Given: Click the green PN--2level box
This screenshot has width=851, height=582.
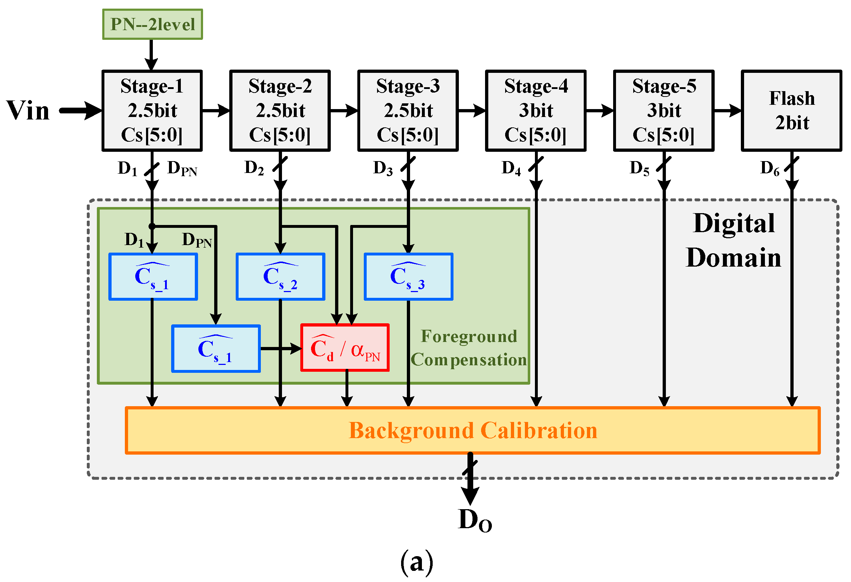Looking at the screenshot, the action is tap(152, 24).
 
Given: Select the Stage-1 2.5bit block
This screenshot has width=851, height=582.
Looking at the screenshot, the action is tap(152, 111).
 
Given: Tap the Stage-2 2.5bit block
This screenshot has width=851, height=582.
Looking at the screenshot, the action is tap(280, 111).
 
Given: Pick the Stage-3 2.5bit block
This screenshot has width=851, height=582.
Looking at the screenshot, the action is tap(408, 111).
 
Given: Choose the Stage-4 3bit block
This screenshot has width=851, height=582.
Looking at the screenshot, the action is tap(536, 111).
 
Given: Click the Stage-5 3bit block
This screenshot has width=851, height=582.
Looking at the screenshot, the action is tap(664, 111).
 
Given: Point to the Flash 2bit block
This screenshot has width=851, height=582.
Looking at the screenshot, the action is tap(792, 111).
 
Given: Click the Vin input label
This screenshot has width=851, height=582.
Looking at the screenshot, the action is tap(28, 110).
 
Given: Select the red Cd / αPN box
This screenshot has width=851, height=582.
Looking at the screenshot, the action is tap(345, 348).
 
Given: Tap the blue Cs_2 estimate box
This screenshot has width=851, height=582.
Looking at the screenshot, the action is tap(281, 277).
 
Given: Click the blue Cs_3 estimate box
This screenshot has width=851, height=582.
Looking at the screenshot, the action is tap(409, 277).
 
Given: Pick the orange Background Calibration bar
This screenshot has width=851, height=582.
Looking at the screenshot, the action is tap(473, 431).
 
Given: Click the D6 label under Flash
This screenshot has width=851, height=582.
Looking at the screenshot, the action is tap(770, 169).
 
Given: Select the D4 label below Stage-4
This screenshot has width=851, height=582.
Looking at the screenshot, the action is tap(511, 169).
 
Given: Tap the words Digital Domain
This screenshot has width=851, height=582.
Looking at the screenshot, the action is tap(734, 240).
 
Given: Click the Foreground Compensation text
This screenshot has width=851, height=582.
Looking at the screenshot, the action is tap(469, 348).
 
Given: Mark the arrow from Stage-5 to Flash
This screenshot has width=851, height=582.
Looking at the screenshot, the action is tap(728, 110).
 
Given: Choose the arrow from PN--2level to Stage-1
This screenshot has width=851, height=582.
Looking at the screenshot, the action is tap(151, 55).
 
